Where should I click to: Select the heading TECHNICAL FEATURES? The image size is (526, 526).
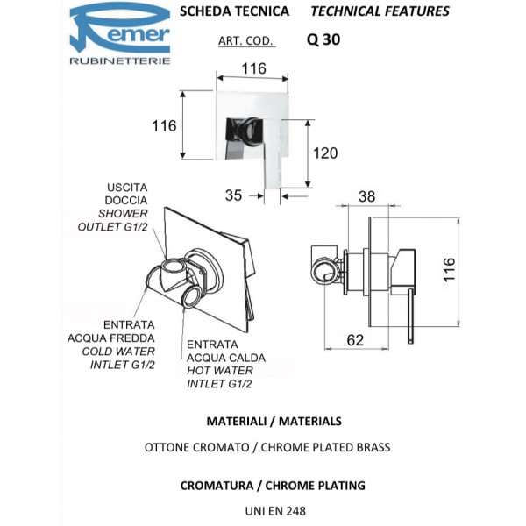[380, 11]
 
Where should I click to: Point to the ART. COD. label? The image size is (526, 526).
[245, 40]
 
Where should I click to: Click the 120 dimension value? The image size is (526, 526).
[324, 153]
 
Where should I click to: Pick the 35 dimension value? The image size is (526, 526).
[233, 195]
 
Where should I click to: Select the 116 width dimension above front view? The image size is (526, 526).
[253, 68]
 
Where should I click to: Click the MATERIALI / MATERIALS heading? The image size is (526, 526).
[262, 422]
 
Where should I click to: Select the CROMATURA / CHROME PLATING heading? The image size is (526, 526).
[262, 485]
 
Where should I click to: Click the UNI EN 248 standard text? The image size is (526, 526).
[262, 508]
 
